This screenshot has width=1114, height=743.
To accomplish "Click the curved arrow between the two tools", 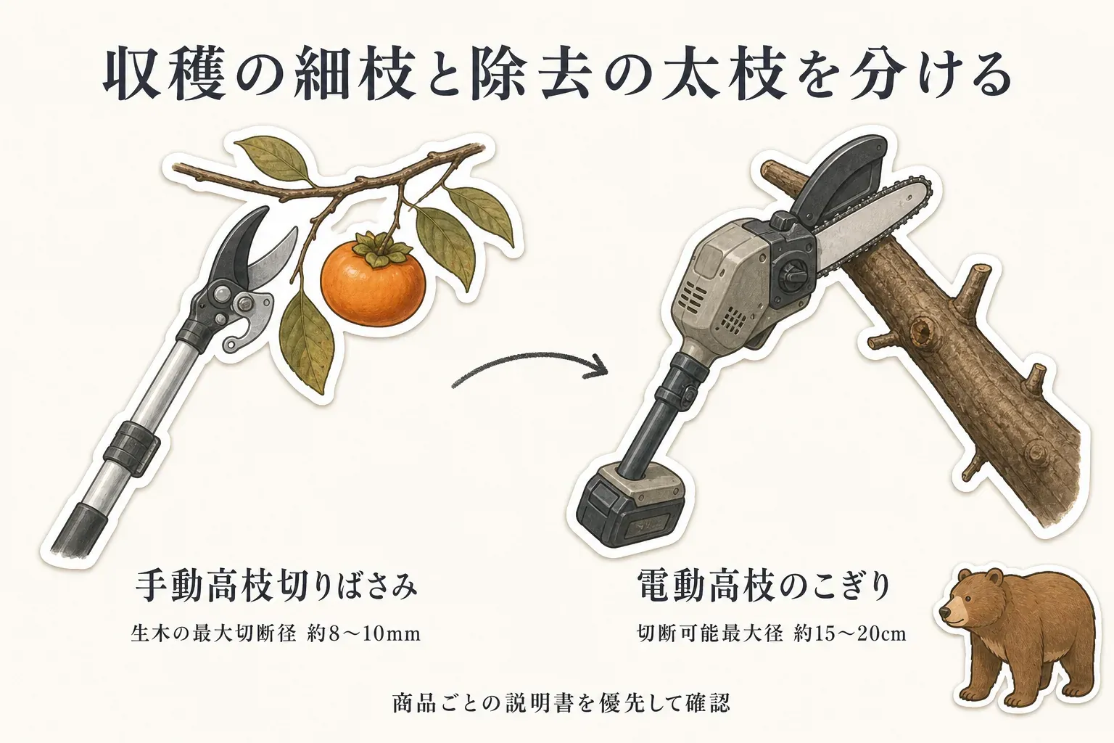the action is click(x=529, y=369).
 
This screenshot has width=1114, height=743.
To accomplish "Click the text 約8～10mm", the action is click(x=363, y=634).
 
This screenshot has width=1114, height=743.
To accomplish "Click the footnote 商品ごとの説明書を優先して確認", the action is click(x=561, y=703).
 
